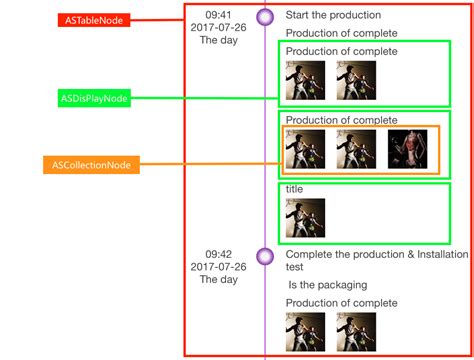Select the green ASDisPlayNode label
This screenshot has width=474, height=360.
point(92,98)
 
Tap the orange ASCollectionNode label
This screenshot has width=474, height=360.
point(92,164)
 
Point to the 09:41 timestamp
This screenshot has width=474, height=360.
point(218,15)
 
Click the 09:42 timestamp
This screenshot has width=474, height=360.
point(218,254)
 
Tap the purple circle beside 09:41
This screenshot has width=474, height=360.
point(265,16)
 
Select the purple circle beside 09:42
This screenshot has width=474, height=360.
point(265,256)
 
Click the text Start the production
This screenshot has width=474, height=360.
point(333,15)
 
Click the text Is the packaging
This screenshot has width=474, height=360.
point(327,285)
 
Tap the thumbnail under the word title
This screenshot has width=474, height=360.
point(305,217)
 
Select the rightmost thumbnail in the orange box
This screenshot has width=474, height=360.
point(407,149)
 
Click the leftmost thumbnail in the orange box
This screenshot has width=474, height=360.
point(305,149)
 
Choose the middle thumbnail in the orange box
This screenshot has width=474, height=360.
point(356,149)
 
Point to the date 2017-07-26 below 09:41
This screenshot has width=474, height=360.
point(218,28)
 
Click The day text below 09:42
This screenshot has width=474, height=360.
point(218,280)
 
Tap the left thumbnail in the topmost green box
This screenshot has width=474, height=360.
point(305,81)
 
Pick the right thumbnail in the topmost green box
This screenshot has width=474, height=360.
point(356,81)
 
